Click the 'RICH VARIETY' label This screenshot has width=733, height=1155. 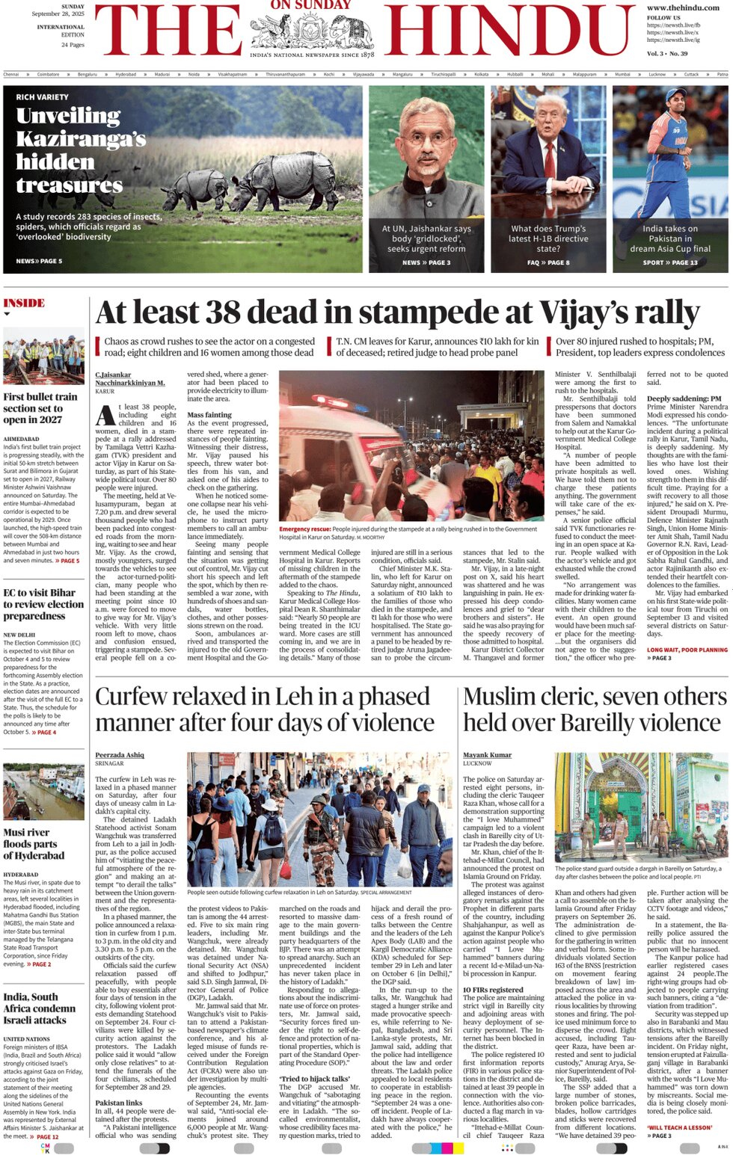click(x=42, y=97)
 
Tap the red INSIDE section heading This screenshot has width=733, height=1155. click(x=24, y=303)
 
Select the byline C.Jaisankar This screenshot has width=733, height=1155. click(x=113, y=375)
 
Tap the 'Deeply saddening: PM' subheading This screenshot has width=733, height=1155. click(x=684, y=398)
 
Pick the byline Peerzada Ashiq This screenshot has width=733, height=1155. click(x=120, y=755)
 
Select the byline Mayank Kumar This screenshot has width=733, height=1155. click(x=487, y=755)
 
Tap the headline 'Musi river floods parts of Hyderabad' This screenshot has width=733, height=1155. click(x=34, y=843)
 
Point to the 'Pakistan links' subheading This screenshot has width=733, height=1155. click(x=120, y=1102)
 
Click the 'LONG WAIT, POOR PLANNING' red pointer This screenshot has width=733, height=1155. click(x=687, y=650)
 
